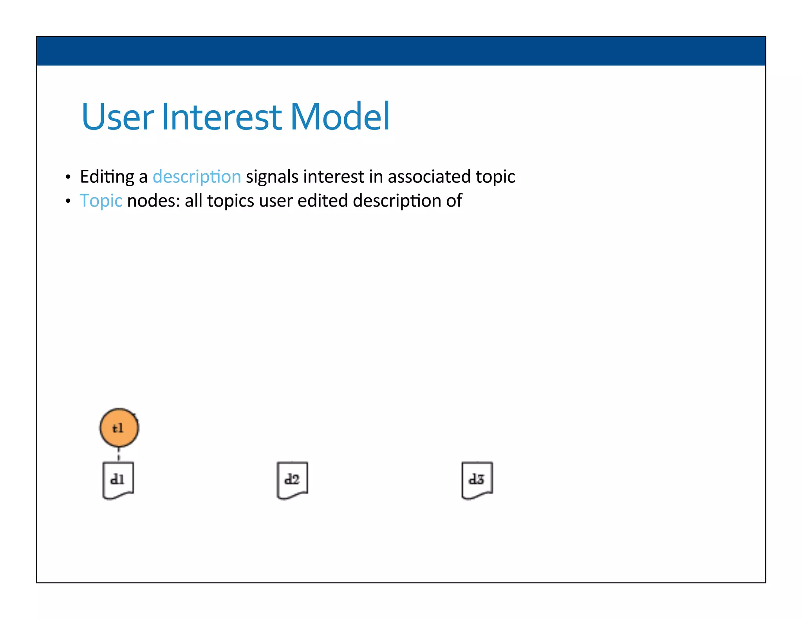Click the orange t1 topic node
point(119,428)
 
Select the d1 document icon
point(118,480)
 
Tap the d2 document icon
point(292,480)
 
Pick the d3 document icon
point(477,480)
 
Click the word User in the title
point(117,117)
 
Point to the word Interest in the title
point(221,117)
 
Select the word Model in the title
point(340,117)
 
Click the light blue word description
point(197,177)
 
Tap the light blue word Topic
point(101,201)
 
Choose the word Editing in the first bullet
point(107,177)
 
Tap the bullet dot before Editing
point(68,178)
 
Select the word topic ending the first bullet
point(495,177)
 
